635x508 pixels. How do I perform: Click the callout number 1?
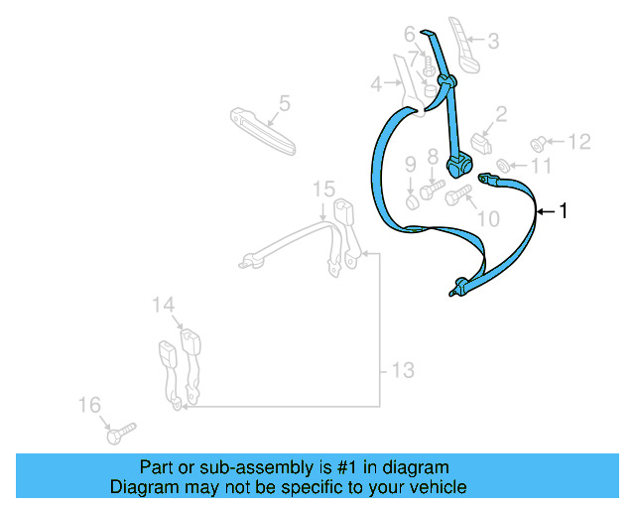coord(564,210)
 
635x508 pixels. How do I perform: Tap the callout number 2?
coord(501,115)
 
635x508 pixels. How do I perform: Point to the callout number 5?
coord(284,102)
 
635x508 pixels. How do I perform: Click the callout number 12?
coord(577,141)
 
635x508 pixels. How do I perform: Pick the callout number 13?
coord(401,371)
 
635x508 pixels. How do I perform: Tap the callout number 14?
coord(163,306)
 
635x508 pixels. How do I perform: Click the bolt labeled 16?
coord(119,433)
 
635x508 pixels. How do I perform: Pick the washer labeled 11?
coord(502,164)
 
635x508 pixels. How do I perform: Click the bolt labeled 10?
coord(457,195)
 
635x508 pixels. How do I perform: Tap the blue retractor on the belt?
coord(459,163)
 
